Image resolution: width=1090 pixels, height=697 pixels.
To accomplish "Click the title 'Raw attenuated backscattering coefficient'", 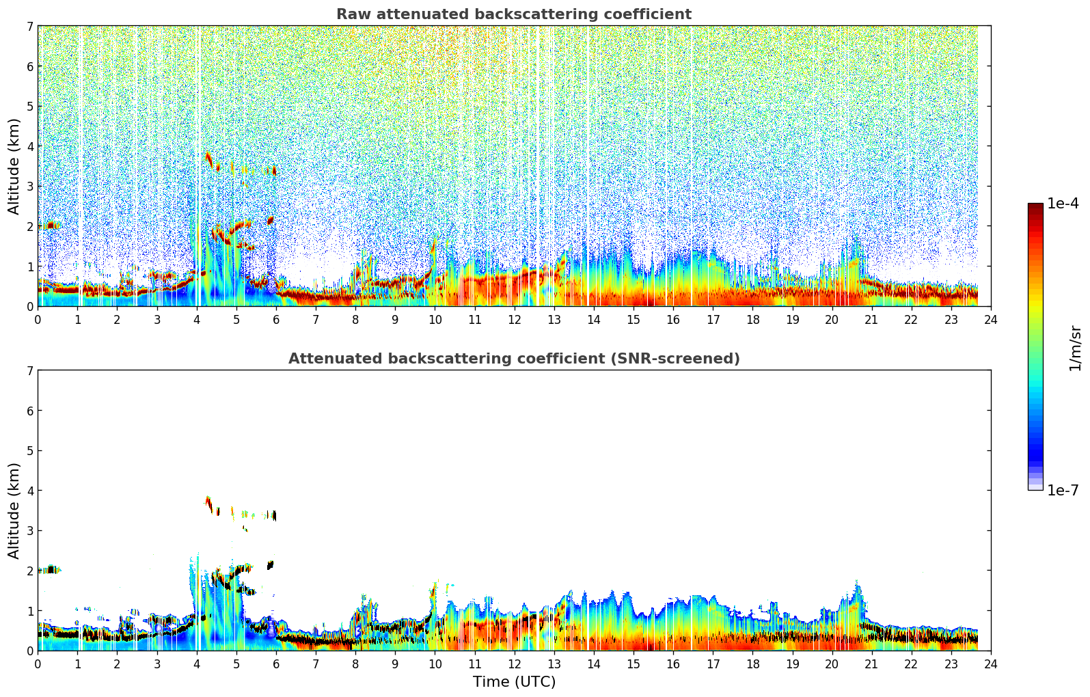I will pos(513,14).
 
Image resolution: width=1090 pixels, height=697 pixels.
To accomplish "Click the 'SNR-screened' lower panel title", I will pos(513,359).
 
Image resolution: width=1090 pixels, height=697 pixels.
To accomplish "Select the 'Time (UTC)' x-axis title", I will pos(514,682).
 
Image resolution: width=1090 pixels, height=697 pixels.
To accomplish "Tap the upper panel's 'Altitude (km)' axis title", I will pos(14,166).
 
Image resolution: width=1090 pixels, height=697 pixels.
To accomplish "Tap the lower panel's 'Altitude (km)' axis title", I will pos(14,510).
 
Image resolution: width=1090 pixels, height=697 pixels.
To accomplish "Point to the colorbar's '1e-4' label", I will pos(1063,204).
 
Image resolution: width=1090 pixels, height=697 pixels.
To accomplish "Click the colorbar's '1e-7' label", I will pos(1063,491).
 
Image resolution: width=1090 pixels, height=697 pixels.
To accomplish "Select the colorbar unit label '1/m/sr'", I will pos(1075,347).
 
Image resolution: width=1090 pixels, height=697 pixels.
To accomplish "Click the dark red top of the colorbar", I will pos(1035,206).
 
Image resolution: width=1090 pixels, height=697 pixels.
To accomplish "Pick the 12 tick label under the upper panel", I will pos(514,320).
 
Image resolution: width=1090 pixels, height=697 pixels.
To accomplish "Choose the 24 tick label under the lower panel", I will pos(991,664).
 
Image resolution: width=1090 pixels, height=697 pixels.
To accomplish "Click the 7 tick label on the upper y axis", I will pos(29,27).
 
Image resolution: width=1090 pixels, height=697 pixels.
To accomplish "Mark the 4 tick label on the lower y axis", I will pos(29,491).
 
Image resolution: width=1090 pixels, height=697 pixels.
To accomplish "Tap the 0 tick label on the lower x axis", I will pos(38,664).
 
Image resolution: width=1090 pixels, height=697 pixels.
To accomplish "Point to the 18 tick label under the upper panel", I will pos(752,320).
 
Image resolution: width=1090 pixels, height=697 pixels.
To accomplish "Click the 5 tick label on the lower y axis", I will pos(29,451).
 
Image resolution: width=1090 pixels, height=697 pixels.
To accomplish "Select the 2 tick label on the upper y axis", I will pos(29,227).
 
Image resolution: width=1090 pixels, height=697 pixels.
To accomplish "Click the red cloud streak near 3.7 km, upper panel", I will pos(208,159).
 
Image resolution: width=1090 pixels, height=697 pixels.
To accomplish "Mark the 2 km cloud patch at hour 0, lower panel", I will pos(49,569).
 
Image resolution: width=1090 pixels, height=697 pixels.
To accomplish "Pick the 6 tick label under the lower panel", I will pos(276,664).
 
